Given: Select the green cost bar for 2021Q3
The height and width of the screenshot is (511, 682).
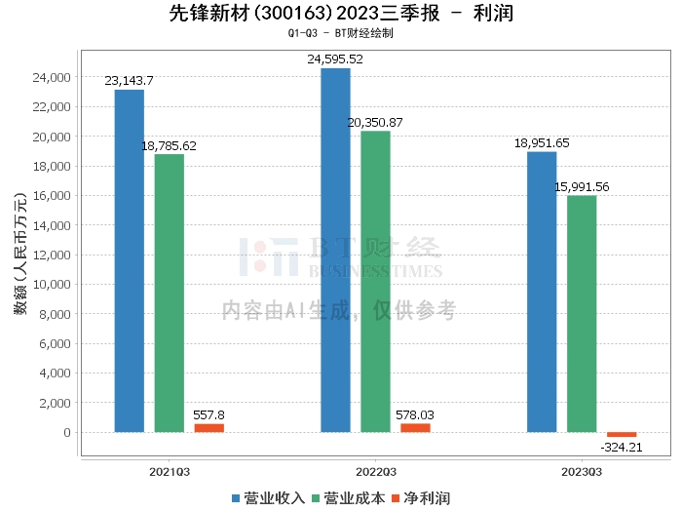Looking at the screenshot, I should point(170,293).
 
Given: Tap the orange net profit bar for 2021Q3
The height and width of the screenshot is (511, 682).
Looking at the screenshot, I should point(208,428).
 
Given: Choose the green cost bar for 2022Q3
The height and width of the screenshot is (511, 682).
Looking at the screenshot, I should point(375,282).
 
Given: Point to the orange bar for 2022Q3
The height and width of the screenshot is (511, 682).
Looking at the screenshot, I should point(415,428).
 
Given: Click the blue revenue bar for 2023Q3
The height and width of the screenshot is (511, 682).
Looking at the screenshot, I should point(542,292).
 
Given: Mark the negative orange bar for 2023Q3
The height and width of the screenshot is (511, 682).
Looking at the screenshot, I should point(622,435).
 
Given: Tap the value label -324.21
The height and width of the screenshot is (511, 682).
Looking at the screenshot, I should point(622,448).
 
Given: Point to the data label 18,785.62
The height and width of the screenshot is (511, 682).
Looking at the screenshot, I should point(170,146).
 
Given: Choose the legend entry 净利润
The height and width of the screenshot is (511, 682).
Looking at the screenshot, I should point(418,498).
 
